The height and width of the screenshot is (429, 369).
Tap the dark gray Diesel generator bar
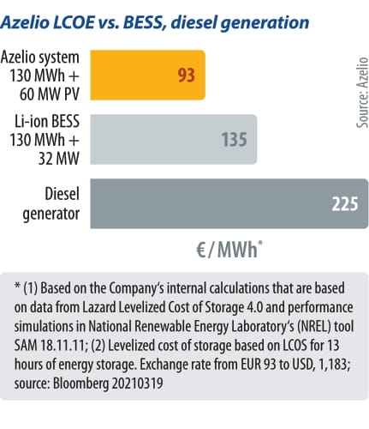(223, 203)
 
